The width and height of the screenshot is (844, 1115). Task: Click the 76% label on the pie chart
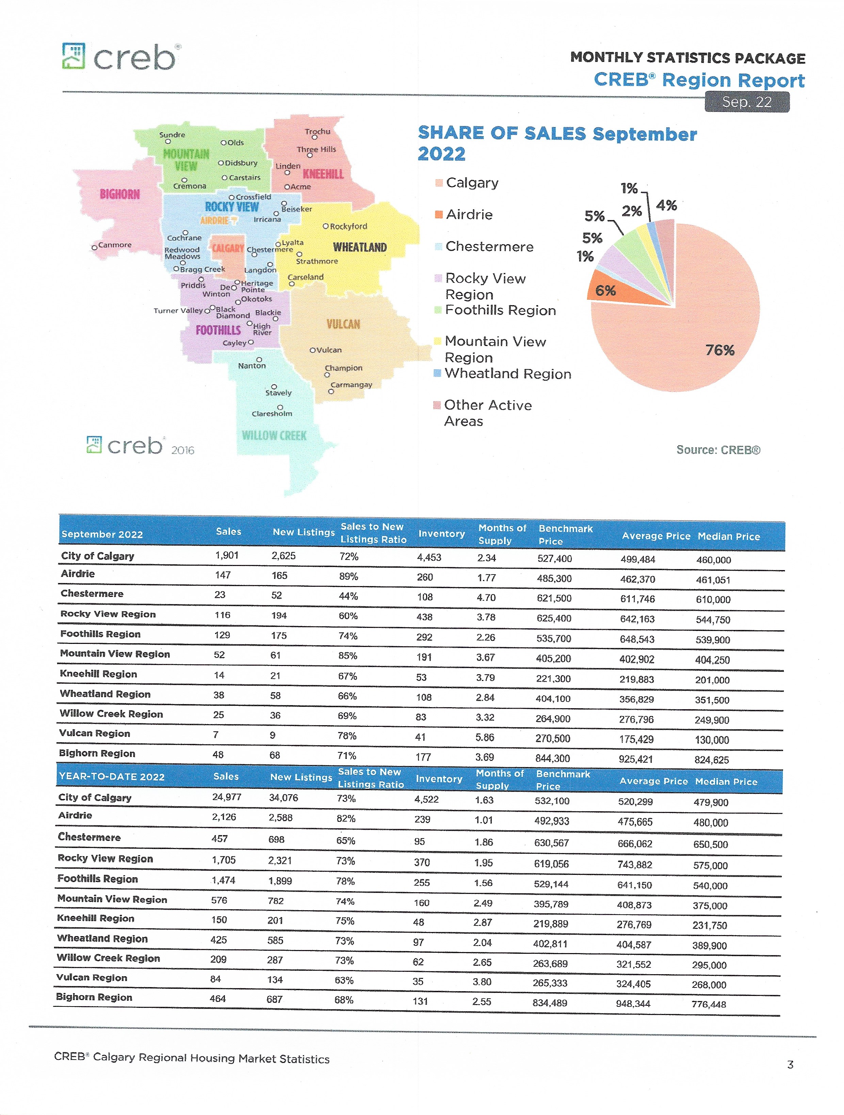pyautogui.click(x=719, y=350)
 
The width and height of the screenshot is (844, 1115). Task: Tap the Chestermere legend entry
pyautogui.click(x=489, y=247)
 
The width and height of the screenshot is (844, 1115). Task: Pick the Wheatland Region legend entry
pyautogui.click(x=507, y=373)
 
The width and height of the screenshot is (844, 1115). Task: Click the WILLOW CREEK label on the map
pyautogui.click(x=274, y=435)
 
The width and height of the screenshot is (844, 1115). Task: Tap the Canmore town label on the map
pyautogui.click(x=114, y=245)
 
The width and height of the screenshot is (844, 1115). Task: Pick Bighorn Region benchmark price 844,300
pyautogui.click(x=553, y=758)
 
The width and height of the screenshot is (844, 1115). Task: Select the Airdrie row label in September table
pyautogui.click(x=78, y=573)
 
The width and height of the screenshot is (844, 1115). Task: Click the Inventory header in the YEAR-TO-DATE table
pyautogui.click(x=439, y=779)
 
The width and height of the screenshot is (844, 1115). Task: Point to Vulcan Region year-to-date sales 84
pyautogui.click(x=215, y=979)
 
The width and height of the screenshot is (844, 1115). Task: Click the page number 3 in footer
pyautogui.click(x=790, y=1065)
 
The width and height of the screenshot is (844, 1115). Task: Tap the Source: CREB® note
pyautogui.click(x=718, y=450)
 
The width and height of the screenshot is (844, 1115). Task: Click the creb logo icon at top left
pyautogui.click(x=74, y=55)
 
